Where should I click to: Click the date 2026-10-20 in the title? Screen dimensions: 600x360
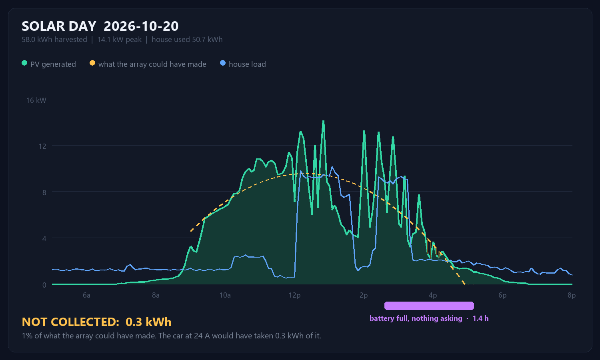(141, 26)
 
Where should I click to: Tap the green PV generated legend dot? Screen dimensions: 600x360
(24, 63)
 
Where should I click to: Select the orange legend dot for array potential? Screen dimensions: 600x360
(92, 63)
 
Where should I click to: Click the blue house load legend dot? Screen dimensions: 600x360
(222, 63)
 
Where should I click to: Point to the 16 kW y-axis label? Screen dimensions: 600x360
(36, 100)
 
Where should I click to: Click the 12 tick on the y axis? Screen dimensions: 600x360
(42, 146)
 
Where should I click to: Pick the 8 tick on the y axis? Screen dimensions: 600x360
(44, 192)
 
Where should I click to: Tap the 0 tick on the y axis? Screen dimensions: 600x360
(44, 285)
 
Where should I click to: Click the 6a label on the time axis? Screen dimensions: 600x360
(86, 295)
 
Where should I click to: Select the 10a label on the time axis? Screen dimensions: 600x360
(225, 295)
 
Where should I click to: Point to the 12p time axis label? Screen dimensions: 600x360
(294, 295)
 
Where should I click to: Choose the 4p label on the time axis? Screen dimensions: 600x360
(433, 295)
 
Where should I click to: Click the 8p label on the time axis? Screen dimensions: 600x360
(572, 295)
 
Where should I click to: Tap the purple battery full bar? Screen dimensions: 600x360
(429, 306)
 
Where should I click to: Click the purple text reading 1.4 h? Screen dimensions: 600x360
(480, 318)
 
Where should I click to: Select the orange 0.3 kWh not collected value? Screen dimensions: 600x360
(148, 322)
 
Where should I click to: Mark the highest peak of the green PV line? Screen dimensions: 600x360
(323, 121)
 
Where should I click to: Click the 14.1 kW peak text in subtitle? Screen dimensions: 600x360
(120, 40)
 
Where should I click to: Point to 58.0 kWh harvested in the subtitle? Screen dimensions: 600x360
(54, 40)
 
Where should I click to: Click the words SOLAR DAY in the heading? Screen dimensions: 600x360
(59, 26)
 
